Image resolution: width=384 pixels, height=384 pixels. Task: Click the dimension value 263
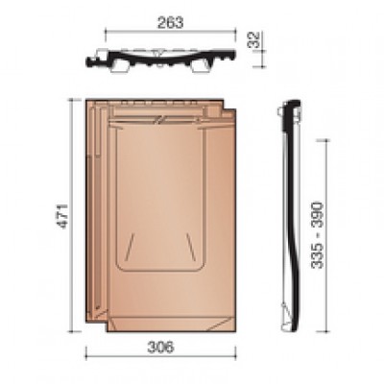tap(171, 23)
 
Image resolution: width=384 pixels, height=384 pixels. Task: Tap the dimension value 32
tap(255, 39)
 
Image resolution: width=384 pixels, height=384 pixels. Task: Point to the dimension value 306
tap(161, 348)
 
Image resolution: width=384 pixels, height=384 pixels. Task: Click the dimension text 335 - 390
tap(318, 235)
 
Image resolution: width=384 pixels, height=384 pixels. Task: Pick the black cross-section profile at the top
tap(160, 60)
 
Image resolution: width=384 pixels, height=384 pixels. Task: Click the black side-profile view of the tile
tap(291, 216)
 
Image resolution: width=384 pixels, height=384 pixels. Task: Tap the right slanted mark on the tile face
tap(190, 246)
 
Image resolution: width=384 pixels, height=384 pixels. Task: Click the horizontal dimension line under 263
tap(171, 32)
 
